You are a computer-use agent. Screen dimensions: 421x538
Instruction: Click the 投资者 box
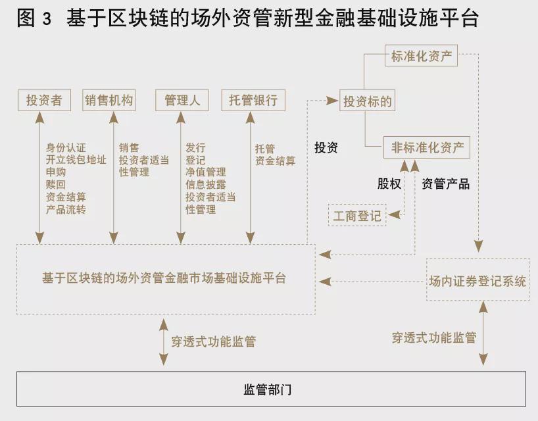tap(44, 101)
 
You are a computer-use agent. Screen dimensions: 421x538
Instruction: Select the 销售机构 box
tap(109, 101)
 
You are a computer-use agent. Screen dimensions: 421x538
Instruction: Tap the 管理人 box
tap(182, 101)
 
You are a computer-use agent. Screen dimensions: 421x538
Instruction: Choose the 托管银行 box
tap(253, 101)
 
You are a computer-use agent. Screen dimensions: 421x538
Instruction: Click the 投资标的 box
tap(368, 101)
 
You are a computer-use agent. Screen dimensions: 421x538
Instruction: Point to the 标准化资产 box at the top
tap(421, 56)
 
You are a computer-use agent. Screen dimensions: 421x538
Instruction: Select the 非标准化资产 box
tap(427, 148)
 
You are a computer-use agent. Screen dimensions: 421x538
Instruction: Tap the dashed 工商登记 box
tap(357, 216)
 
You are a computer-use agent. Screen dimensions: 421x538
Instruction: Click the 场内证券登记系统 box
tap(477, 282)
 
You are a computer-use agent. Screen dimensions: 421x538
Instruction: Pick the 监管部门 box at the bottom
tap(271, 389)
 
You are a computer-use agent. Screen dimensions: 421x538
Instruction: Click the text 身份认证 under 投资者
tap(66, 148)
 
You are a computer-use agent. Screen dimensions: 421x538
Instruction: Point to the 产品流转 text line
tap(66, 209)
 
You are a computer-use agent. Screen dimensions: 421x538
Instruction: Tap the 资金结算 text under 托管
tap(275, 161)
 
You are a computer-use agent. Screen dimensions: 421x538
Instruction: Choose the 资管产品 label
tap(445, 184)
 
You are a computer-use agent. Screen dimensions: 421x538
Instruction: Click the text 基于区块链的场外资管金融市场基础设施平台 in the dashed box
tap(164, 278)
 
